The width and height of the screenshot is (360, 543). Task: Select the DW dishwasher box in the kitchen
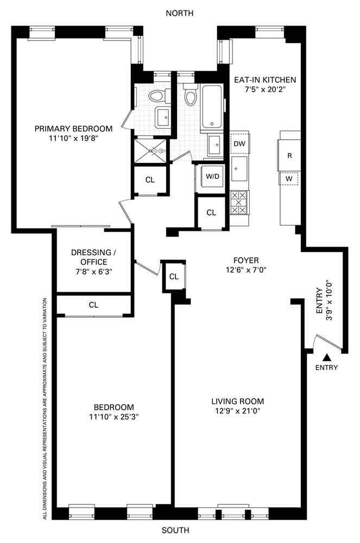pyautogui.click(x=239, y=143)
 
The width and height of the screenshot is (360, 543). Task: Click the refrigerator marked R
pyautogui.click(x=290, y=155)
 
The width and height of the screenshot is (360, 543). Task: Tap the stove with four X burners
pyautogui.click(x=239, y=202)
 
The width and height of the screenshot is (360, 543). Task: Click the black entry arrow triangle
pyautogui.click(x=327, y=357)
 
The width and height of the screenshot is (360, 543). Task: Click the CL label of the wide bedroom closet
pyautogui.click(x=93, y=305)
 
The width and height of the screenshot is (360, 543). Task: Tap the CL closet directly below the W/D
pyautogui.click(x=212, y=212)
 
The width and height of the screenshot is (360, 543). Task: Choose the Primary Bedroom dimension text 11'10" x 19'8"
pyautogui.click(x=74, y=138)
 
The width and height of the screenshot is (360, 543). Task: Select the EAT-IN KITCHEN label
pyautogui.click(x=265, y=79)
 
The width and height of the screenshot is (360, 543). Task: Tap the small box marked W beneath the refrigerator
pyautogui.click(x=289, y=178)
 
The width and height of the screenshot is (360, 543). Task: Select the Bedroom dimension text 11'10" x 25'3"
pyautogui.click(x=113, y=416)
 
